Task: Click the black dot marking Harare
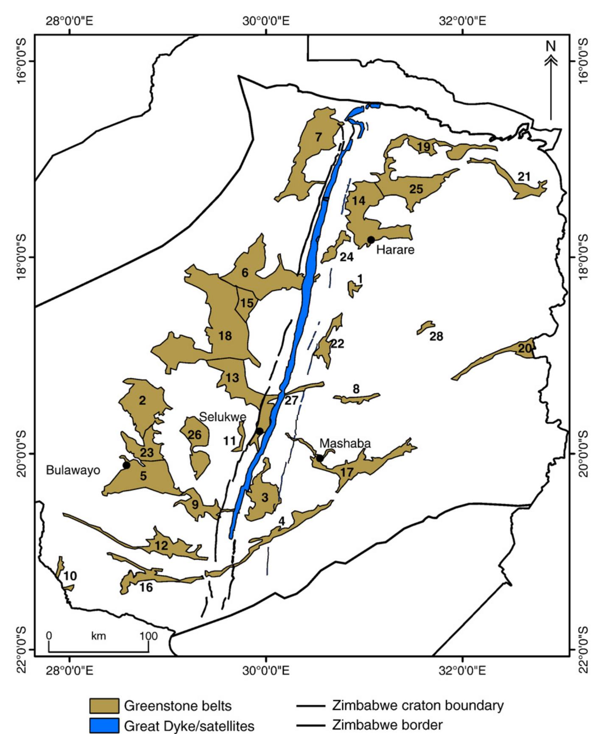(371, 240)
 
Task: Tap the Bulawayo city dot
(126, 465)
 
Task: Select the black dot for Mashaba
(319, 458)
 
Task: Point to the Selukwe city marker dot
(259, 431)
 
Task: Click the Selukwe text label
(223, 417)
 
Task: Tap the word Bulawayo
(73, 470)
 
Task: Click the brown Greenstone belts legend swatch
(104, 706)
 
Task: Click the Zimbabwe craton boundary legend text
(418, 705)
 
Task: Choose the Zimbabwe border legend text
(387, 725)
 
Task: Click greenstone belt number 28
(425, 328)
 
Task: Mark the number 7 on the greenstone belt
(318, 137)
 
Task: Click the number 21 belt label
(524, 177)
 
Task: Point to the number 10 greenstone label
(70, 576)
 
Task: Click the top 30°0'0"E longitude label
(266, 21)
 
